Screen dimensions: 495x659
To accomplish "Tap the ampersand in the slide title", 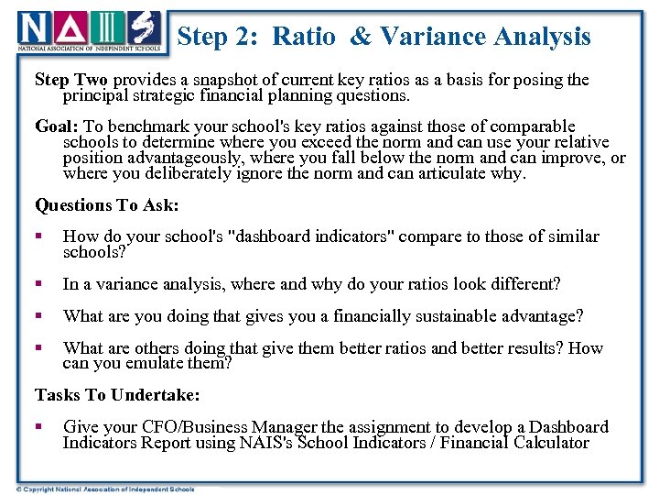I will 361,37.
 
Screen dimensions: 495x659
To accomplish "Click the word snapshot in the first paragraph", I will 221,80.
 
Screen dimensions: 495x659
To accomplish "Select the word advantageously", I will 167,158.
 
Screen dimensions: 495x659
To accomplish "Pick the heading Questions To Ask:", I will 106,205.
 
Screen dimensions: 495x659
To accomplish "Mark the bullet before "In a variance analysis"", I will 39,284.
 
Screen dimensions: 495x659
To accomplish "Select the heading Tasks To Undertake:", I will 117,395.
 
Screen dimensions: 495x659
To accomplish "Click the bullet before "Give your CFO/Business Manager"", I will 39,427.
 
